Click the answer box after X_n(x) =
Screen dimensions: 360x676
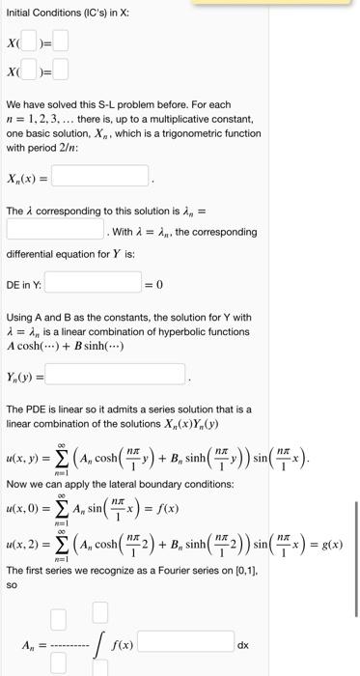pos(100,176)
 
